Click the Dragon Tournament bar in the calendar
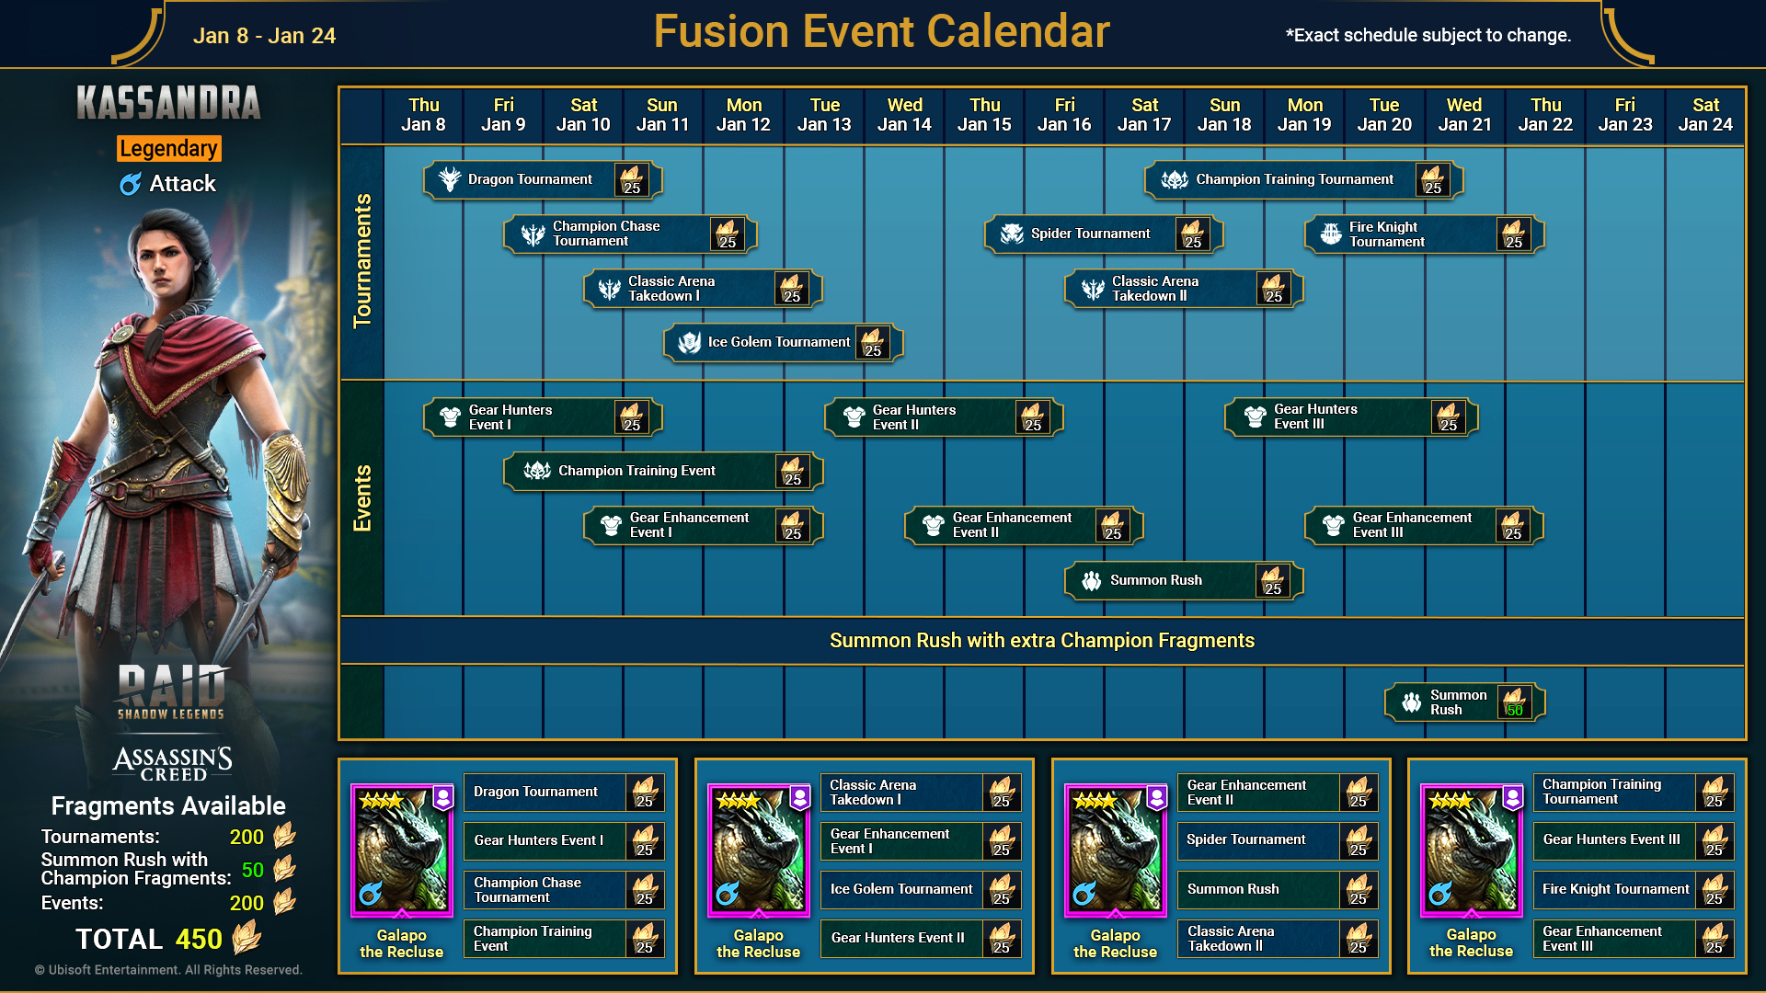(x=543, y=179)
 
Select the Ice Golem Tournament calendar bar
(x=784, y=342)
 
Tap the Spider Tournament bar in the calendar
(x=1104, y=234)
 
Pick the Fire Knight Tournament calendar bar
(x=1424, y=234)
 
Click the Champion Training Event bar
(x=663, y=471)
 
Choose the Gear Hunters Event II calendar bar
(x=944, y=417)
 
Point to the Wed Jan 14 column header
(x=904, y=115)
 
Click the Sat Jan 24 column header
(x=1705, y=115)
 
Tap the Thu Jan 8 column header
(x=423, y=115)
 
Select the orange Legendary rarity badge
(x=168, y=148)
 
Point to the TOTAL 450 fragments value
(x=199, y=939)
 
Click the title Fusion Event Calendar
(x=881, y=31)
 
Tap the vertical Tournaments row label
(x=362, y=260)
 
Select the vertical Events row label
(x=362, y=498)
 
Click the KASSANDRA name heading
(x=168, y=103)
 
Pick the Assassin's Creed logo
(x=172, y=762)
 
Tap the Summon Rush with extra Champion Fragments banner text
(x=1042, y=641)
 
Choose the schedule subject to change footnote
(x=1428, y=36)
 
